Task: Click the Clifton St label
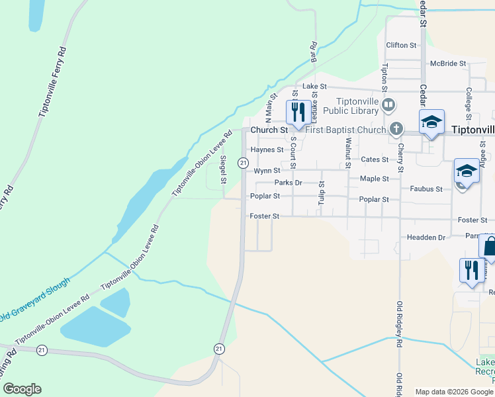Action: [401, 46]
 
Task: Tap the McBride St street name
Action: [448, 64]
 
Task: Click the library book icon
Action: [389, 103]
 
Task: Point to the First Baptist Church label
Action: [345, 130]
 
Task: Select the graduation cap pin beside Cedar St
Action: [431, 122]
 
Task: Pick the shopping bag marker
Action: [488, 249]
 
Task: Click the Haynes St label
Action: [267, 150]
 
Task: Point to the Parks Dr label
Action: [288, 183]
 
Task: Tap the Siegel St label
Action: [223, 170]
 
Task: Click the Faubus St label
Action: [426, 189]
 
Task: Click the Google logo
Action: [22, 389]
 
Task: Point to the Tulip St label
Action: [321, 193]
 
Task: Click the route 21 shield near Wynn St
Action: [244, 163]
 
